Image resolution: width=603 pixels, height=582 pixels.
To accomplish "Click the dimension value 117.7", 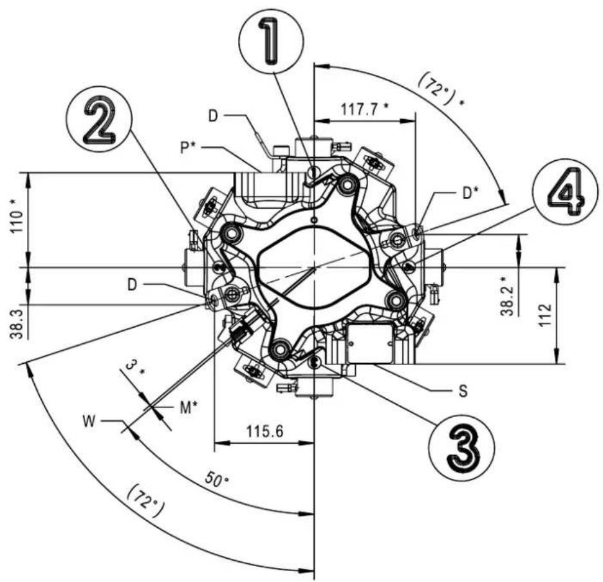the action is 365,110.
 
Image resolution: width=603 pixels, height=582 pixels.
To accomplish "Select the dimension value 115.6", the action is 265,431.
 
